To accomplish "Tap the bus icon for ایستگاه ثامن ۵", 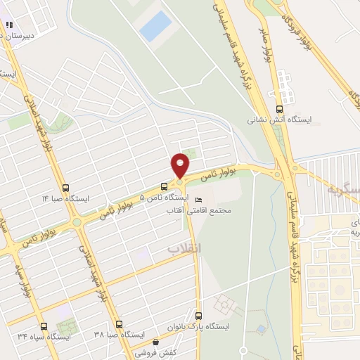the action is [164, 186].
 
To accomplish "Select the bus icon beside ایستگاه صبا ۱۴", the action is [66, 188].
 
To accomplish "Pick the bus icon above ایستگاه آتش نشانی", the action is [280, 108].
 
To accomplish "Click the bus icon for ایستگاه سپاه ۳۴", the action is [44, 326].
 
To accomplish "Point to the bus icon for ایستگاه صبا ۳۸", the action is [118, 325].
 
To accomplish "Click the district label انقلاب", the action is [184, 248].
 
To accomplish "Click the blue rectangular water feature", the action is [155, 27].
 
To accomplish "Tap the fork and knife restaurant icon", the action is [9, 25].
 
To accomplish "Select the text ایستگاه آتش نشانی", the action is [276, 120].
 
